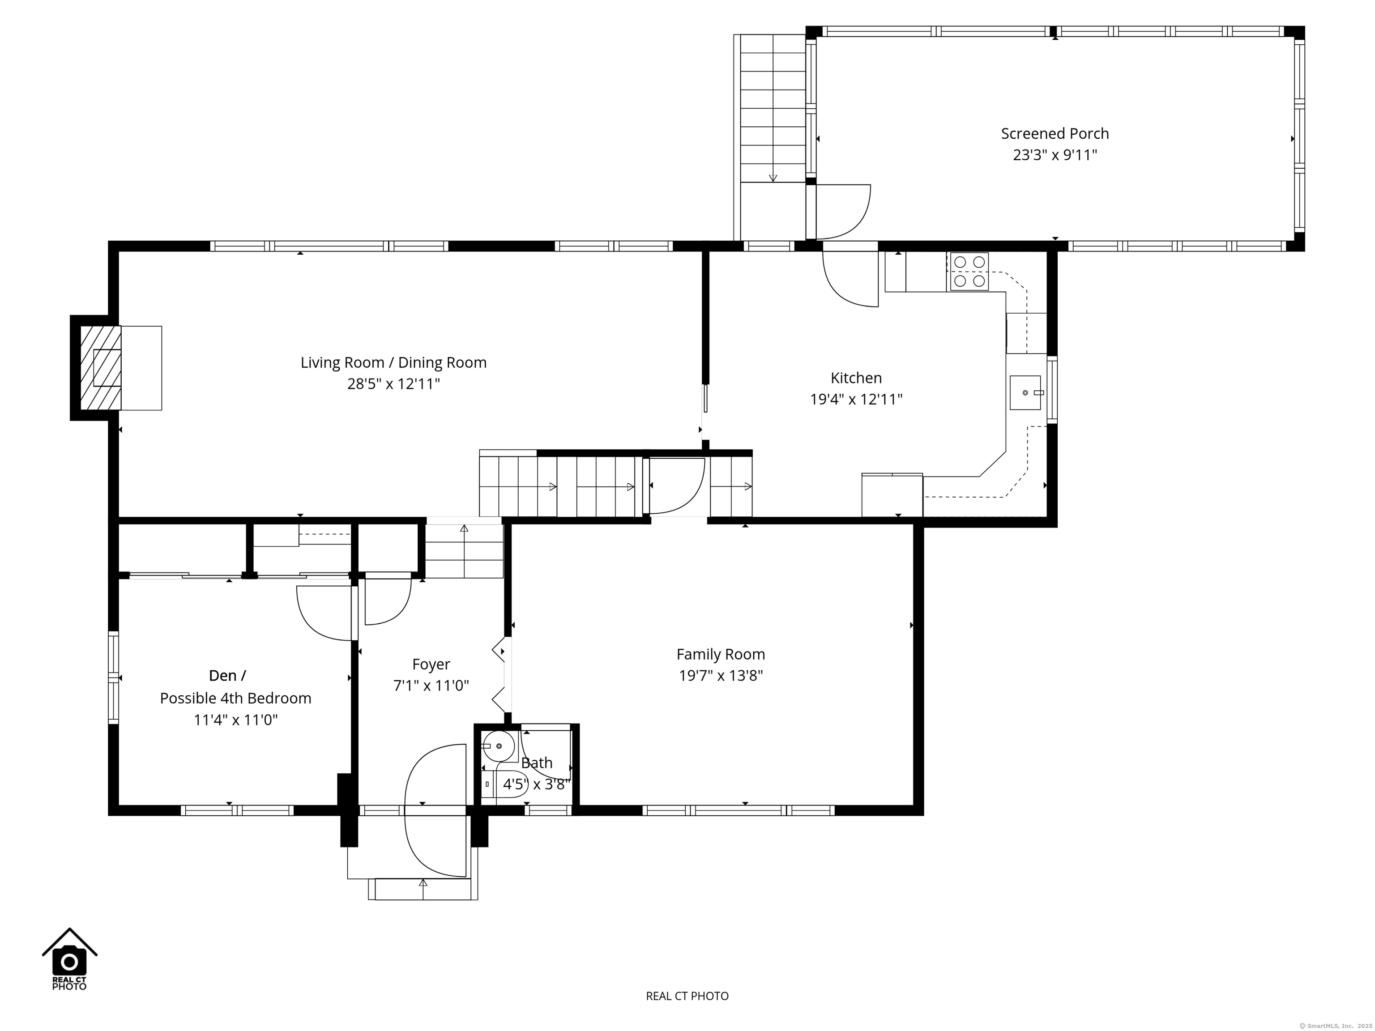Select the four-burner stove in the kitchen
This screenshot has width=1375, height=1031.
click(x=968, y=272)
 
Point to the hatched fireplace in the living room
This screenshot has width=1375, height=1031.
click(x=101, y=368)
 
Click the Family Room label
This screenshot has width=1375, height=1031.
click(x=721, y=654)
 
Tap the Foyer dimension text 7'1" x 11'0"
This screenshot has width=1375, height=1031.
click(x=431, y=686)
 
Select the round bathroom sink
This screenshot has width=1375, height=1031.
click(x=499, y=746)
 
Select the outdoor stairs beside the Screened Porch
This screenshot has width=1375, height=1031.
click(x=773, y=109)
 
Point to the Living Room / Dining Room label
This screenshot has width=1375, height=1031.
click(x=393, y=362)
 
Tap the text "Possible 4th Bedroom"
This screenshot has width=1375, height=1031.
click(x=235, y=698)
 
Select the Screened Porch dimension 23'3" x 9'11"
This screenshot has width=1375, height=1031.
click(x=1055, y=155)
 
